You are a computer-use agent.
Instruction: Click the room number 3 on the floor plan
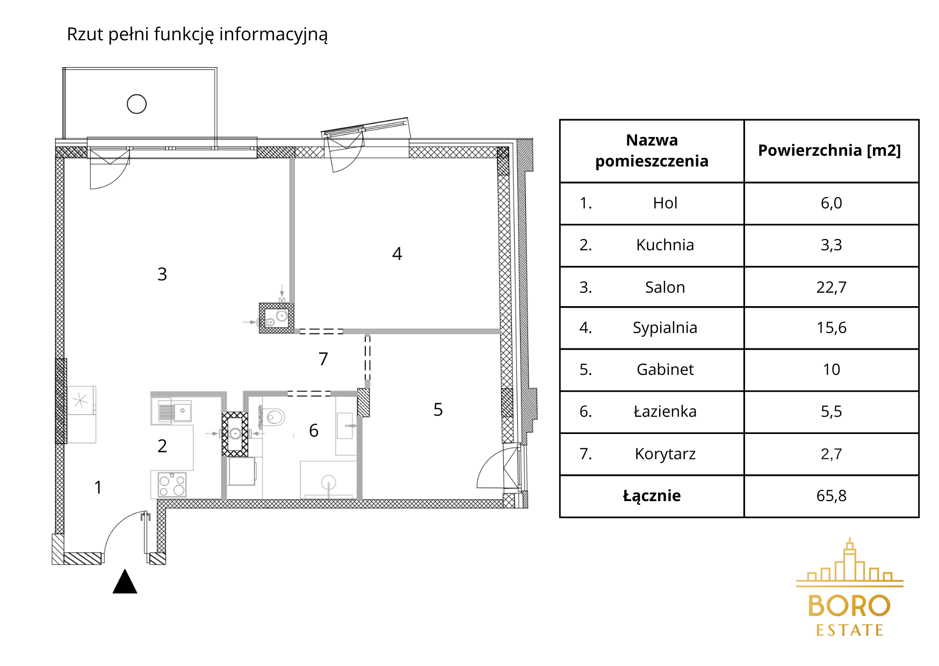point(162,274)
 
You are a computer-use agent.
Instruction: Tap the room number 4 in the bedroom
point(397,254)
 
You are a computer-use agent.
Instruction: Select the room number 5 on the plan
point(438,410)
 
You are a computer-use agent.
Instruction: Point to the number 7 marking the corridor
point(323,359)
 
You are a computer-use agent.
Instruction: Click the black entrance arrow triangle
point(125,581)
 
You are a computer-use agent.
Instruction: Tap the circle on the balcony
point(136,104)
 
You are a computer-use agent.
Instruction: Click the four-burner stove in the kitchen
point(172,484)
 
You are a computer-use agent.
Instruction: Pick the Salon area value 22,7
point(831,287)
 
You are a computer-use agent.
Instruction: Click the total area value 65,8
point(831,496)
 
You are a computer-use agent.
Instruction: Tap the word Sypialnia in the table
point(665,328)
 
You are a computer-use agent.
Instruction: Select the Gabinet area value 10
point(831,370)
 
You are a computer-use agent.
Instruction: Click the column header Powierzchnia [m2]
point(829,150)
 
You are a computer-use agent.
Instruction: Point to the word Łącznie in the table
point(652,496)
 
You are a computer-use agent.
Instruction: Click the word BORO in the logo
point(849,606)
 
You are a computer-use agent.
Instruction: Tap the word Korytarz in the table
point(665,454)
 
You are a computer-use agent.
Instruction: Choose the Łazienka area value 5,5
point(831,411)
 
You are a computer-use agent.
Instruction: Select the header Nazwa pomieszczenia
point(652,150)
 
